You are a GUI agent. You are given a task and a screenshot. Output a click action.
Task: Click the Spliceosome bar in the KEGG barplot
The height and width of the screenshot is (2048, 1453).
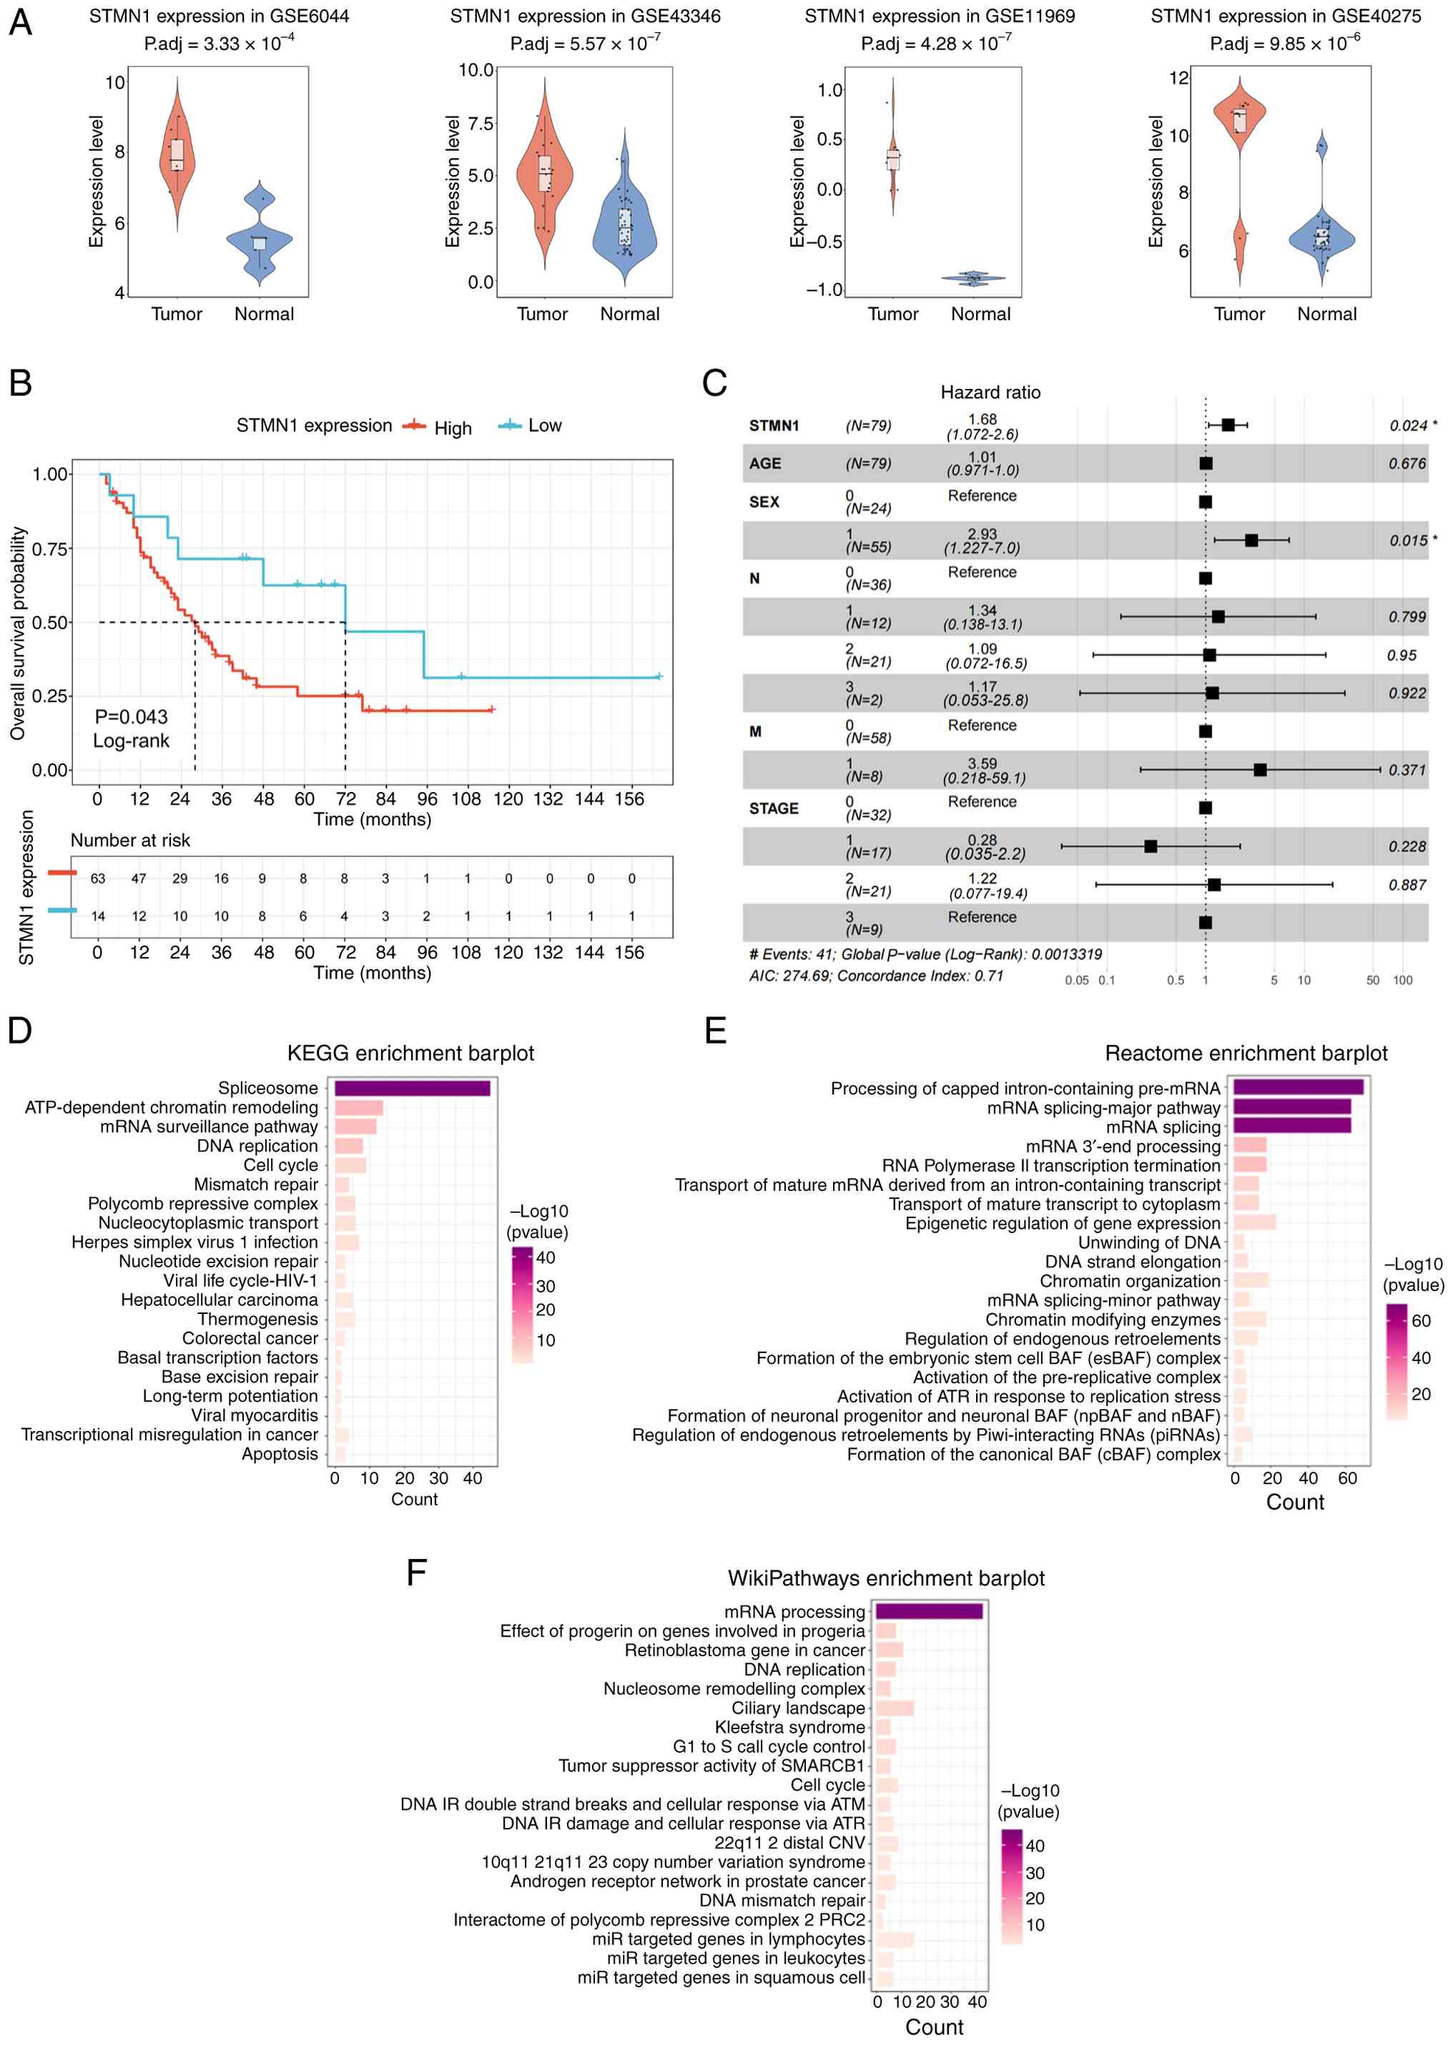412,1087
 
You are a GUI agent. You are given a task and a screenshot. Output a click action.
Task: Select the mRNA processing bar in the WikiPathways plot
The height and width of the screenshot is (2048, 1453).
928,1611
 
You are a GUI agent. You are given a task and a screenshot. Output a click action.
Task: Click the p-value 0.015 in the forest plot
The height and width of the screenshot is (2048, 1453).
1407,540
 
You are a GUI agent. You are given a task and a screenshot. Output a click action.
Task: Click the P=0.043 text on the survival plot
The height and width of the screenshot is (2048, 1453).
131,716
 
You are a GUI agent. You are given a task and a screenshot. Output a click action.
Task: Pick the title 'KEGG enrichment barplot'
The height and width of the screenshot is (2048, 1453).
410,1053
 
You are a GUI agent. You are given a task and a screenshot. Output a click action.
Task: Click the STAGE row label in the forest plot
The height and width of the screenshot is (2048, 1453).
773,808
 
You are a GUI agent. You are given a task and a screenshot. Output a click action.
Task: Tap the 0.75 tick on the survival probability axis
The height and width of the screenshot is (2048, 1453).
50,548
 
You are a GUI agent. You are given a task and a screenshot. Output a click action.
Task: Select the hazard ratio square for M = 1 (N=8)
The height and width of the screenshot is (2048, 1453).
1260,769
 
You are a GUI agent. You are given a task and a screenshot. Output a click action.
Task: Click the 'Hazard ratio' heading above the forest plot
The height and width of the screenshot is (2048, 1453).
990,392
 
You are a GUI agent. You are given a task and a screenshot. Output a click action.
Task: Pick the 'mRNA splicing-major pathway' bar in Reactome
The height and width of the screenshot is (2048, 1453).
1291,1107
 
